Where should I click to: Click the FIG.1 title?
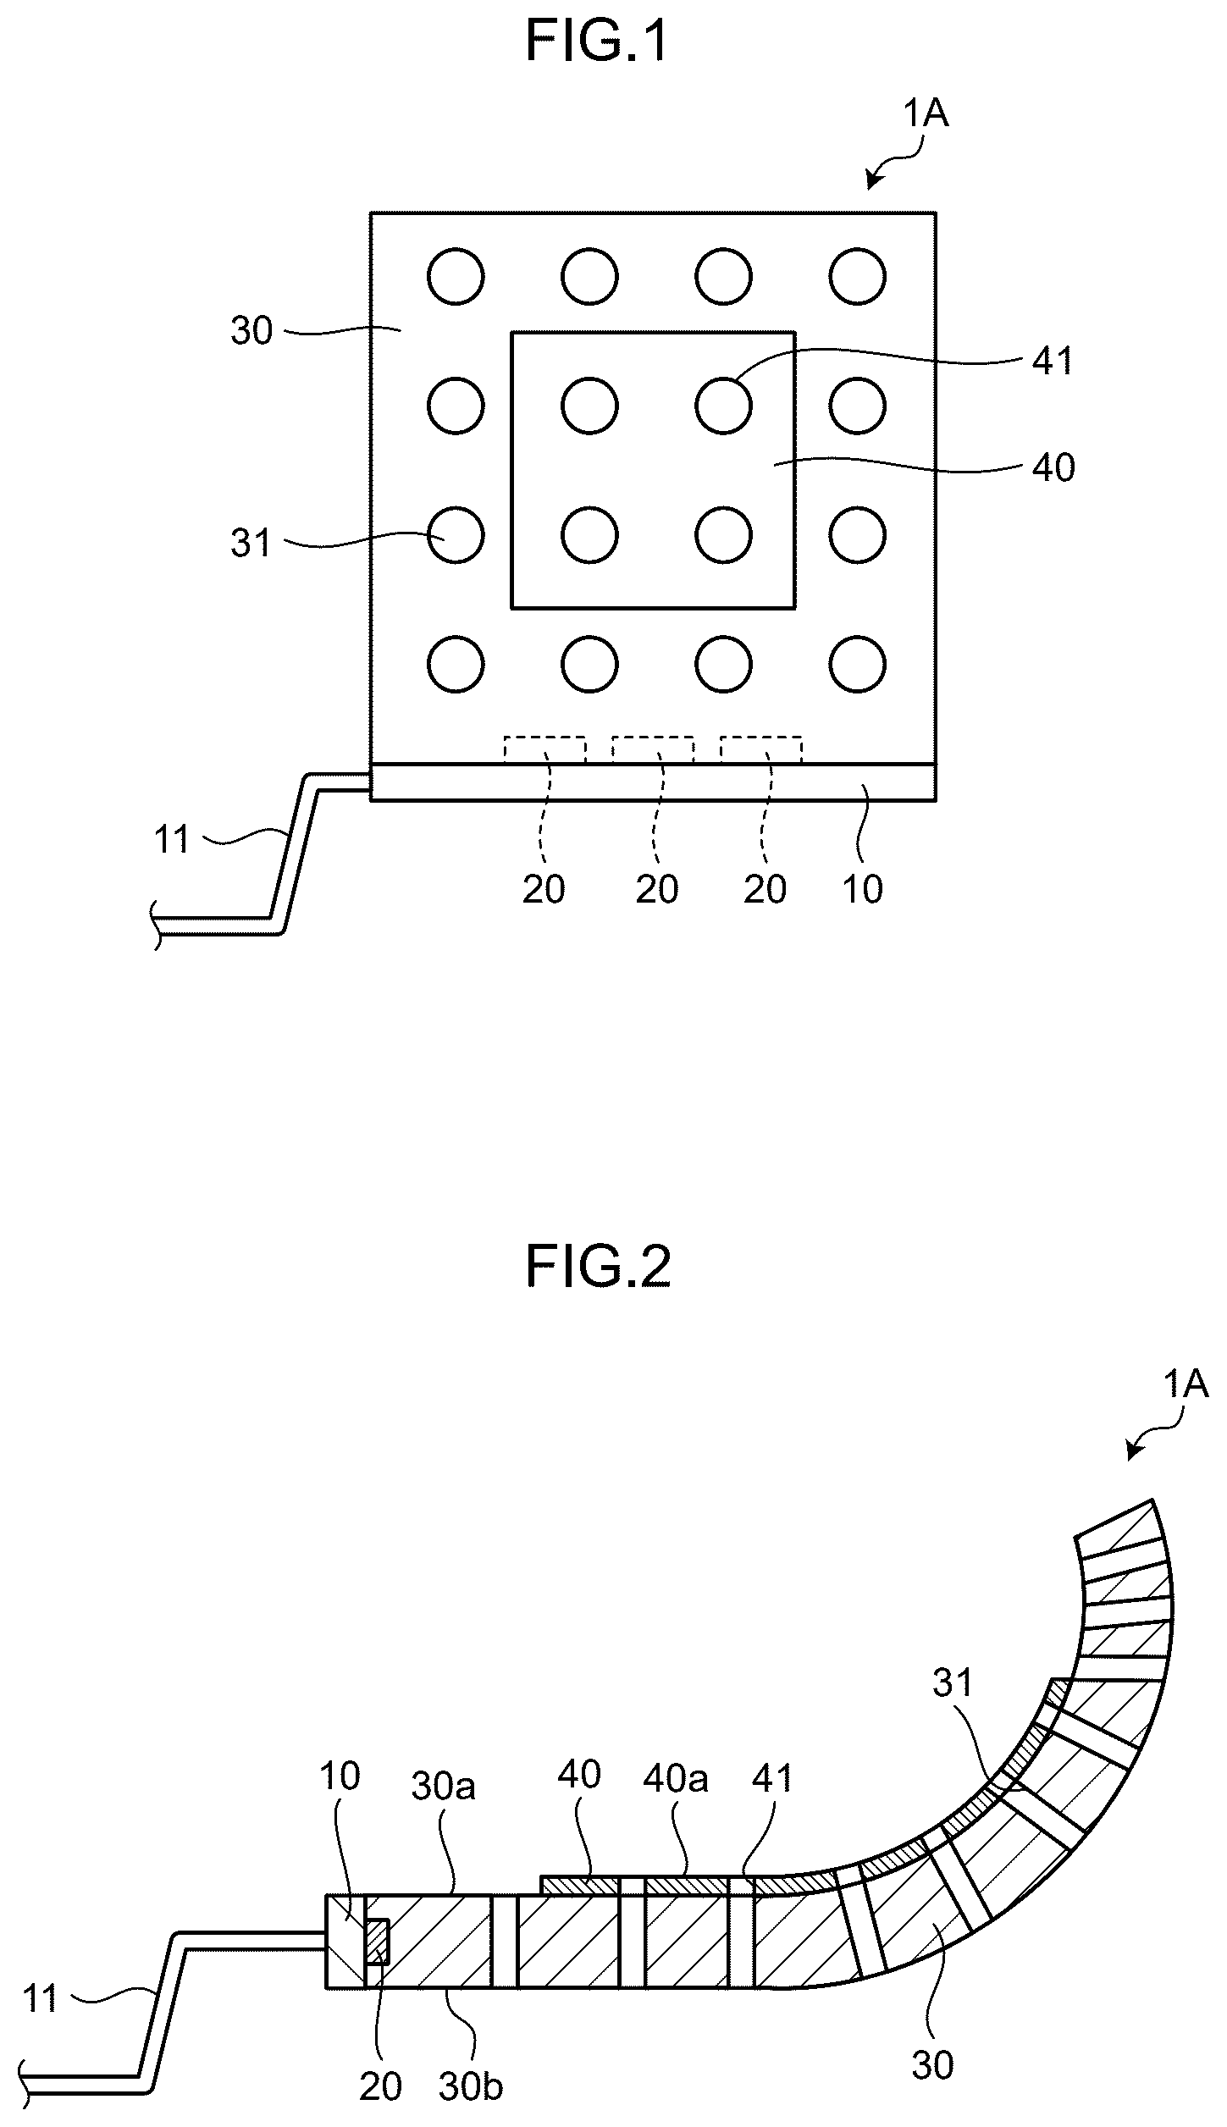[x=597, y=41]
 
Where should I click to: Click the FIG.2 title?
[x=598, y=1267]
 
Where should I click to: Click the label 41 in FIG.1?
[x=1053, y=362]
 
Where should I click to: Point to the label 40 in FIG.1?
[x=1053, y=467]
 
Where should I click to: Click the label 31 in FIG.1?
[x=251, y=543]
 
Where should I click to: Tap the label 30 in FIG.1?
[x=251, y=330]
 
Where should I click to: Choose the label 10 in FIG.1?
[x=863, y=889]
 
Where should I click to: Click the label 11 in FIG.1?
[x=172, y=840]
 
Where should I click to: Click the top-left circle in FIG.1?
[x=456, y=276]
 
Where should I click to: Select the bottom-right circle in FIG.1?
[x=858, y=664]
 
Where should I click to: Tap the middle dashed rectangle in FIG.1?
[x=652, y=750]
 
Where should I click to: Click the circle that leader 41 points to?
[x=723, y=406]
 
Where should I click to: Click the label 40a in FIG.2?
[x=675, y=1779]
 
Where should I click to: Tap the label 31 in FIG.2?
[x=954, y=1682]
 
